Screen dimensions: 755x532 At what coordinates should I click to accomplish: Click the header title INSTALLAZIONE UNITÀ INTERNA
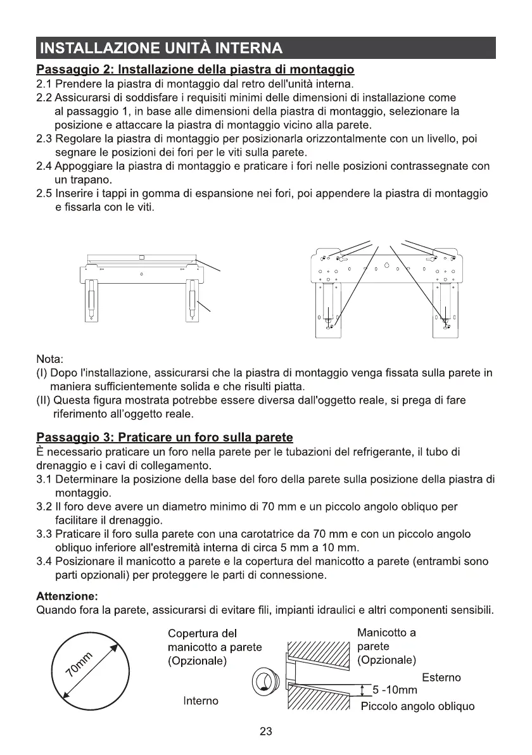(x=160, y=48)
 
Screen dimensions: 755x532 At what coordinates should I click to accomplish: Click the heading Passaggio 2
(x=195, y=68)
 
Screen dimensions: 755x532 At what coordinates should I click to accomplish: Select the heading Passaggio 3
(x=165, y=437)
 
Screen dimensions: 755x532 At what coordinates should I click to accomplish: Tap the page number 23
(x=266, y=732)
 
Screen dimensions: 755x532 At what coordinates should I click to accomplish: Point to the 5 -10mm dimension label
(x=395, y=690)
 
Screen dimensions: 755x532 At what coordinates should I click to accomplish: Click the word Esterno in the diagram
(x=441, y=677)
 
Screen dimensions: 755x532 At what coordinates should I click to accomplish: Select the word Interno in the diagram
(x=201, y=701)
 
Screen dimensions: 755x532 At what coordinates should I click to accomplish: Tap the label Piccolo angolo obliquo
(x=417, y=706)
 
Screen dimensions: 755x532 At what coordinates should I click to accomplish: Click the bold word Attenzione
(x=67, y=596)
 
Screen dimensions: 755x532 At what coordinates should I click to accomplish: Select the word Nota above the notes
(x=51, y=360)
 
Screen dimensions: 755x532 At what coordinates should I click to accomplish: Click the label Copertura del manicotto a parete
(x=214, y=647)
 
